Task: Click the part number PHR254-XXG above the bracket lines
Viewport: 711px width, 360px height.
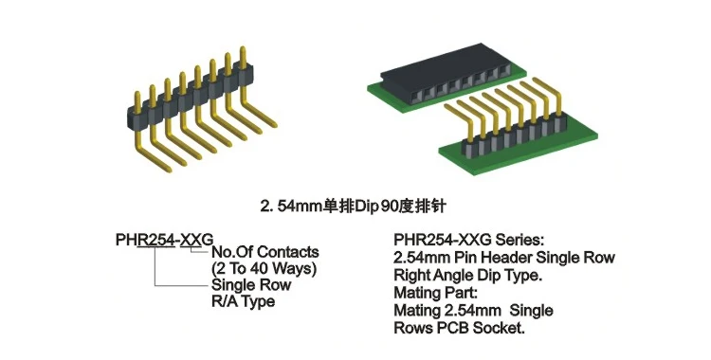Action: pyautogui.click(x=164, y=237)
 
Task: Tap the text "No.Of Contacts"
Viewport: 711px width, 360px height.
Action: pyautogui.click(x=264, y=252)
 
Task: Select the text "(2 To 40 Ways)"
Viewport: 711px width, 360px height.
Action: pyautogui.click(x=263, y=269)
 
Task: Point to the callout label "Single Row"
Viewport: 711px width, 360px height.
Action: pyautogui.click(x=251, y=285)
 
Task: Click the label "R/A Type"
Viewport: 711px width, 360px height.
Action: pyautogui.click(x=243, y=301)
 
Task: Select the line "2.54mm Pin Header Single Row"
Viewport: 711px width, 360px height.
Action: pyautogui.click(x=502, y=258)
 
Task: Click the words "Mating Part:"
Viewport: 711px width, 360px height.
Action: pyautogui.click(x=432, y=293)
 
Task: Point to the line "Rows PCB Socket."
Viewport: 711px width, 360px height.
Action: pyautogui.click(x=457, y=328)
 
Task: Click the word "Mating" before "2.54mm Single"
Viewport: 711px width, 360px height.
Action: pyautogui.click(x=418, y=311)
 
